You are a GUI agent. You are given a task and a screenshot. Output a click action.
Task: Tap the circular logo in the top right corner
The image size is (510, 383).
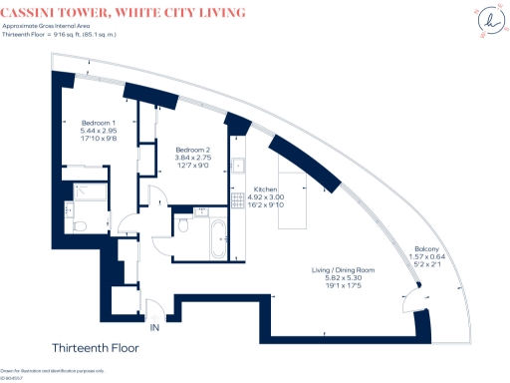point(487,22)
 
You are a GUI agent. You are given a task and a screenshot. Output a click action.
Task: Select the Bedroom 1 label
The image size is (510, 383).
point(99,122)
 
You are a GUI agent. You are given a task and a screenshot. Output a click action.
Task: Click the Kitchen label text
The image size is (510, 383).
point(265,189)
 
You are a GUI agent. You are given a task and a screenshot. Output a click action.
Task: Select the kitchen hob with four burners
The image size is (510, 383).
point(238,199)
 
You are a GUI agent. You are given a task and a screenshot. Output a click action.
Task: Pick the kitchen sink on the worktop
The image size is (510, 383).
point(238,166)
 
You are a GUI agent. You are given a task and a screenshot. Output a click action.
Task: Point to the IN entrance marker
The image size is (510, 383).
point(154,327)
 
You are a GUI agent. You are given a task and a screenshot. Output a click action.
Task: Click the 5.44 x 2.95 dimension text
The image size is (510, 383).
point(99,131)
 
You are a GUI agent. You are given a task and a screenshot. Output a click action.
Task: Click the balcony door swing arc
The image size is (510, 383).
point(406,299)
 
